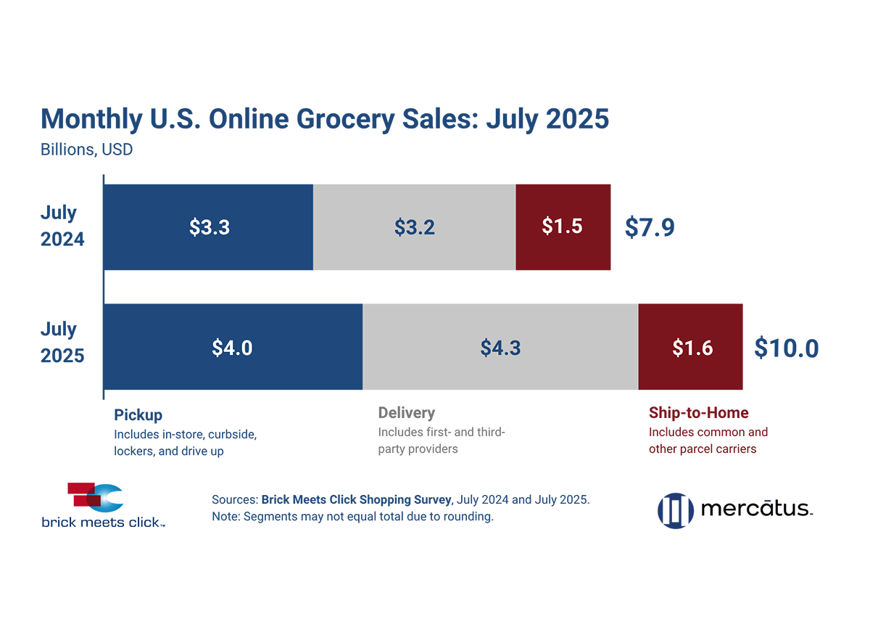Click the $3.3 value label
click(210, 227)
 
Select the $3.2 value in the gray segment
click(415, 227)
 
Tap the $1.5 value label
click(562, 226)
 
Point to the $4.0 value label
click(232, 348)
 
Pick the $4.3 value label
click(500, 348)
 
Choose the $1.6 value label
click(692, 348)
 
